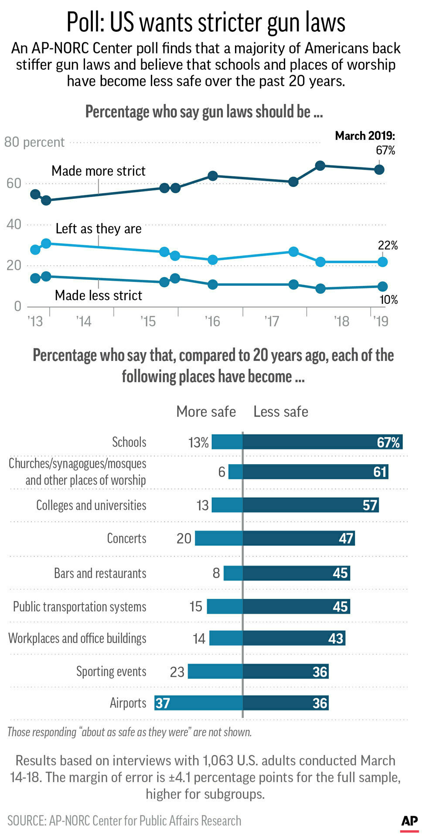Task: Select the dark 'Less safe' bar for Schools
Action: pos(322,442)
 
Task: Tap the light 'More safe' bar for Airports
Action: pos(198,703)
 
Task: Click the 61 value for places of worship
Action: pos(380,472)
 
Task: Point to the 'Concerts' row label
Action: pos(126,538)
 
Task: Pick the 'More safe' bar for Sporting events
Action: pos(215,672)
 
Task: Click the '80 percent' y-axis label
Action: pos(34,142)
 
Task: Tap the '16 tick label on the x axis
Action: pos(212,322)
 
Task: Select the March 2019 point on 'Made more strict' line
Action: pos(379,170)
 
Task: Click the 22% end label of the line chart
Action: pos(388,245)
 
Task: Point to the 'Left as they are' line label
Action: pos(99,229)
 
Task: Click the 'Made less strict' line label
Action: pos(99,296)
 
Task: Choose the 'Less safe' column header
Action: pos(281,411)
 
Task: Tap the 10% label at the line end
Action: pos(388,300)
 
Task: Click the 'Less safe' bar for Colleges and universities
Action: pos(310,505)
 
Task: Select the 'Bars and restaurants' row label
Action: pos(100,573)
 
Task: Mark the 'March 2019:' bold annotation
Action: pos(365,136)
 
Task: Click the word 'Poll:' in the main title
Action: pos(85,23)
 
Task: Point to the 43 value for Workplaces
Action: pos(336,639)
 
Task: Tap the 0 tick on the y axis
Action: pos(17,306)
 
